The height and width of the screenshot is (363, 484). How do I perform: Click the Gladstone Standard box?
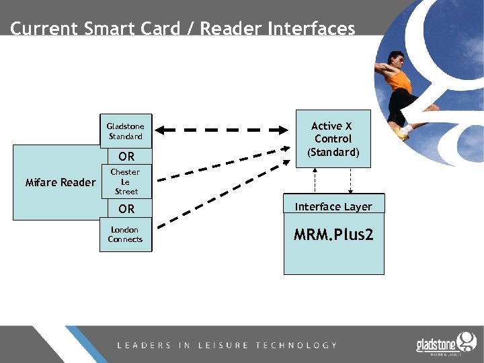[126, 131]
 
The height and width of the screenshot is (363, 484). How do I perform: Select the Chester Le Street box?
[126, 182]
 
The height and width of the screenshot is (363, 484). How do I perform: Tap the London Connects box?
[126, 235]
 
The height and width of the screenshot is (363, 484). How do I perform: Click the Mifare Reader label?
[61, 182]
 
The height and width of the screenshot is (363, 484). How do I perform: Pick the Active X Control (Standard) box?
[333, 139]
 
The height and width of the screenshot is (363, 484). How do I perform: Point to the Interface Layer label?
[333, 206]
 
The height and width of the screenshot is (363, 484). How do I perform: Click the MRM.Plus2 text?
[333, 235]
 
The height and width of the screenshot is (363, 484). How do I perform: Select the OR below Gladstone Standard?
[126, 157]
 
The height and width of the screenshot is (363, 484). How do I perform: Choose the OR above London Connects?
[126, 209]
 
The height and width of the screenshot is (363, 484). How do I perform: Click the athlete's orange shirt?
[401, 81]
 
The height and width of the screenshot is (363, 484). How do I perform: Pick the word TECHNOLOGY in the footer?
[296, 346]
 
